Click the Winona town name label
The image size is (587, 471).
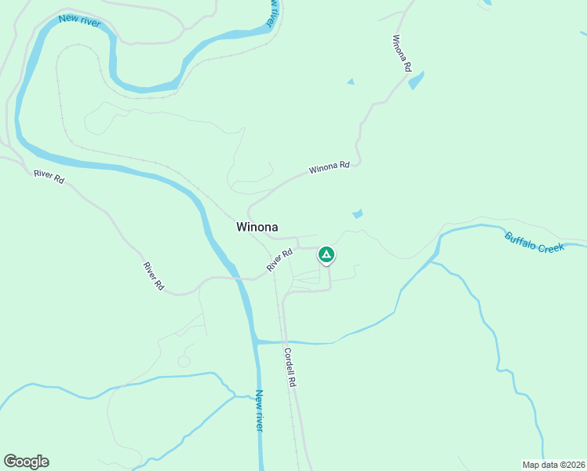[x=257, y=226]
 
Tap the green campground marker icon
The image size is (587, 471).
[x=326, y=254]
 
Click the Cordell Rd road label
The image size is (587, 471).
[x=290, y=367]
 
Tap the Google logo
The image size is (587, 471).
[x=26, y=462]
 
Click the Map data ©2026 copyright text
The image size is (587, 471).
[x=553, y=465]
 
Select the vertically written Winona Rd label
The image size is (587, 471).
[x=401, y=53]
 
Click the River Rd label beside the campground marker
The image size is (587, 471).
[x=279, y=260]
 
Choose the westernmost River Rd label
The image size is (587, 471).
[x=49, y=177]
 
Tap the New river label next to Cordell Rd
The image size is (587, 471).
[x=259, y=410]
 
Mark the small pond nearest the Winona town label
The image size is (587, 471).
[x=358, y=214]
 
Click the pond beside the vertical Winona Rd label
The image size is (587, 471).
[x=416, y=80]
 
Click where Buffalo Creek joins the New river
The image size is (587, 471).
[x=257, y=341]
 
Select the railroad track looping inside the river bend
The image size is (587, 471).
[x=61, y=94]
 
